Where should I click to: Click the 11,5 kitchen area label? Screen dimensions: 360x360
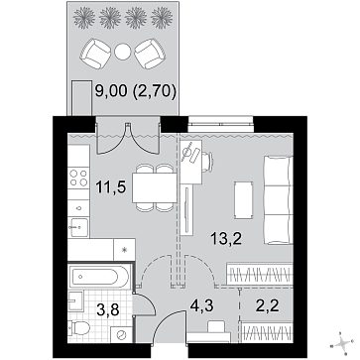coord(111,187)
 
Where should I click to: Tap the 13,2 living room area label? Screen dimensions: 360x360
coord(227,238)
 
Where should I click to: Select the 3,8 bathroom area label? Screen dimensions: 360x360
coord(107,310)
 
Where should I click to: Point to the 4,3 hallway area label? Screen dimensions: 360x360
coord(202,306)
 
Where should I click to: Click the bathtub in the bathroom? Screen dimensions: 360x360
coord(99,278)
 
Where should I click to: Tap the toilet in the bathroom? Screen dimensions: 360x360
coord(78,328)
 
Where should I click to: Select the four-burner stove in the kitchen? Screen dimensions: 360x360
coord(78,178)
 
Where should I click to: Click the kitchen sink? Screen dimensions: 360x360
coord(78,227)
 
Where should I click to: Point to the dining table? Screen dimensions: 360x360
coord(155,187)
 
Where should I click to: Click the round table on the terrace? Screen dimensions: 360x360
coord(123,52)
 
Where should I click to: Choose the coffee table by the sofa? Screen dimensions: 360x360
coord(243,199)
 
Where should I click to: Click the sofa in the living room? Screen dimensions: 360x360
coord(279,200)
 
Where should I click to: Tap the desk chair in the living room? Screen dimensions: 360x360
coord(208,162)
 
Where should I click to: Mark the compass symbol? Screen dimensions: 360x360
coord(342,344)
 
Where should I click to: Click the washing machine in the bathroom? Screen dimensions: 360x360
coord(121,334)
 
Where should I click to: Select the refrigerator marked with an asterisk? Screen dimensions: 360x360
coord(124,250)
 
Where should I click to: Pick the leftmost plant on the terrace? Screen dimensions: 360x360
coord(84,17)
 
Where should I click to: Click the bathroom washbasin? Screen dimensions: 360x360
coord(75,300)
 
